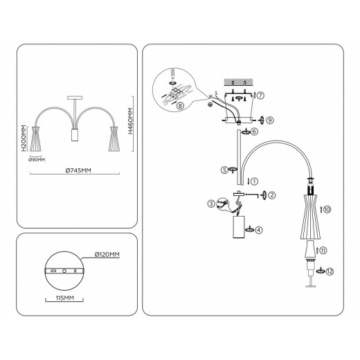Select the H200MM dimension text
click(24, 138)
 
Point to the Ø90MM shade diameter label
click(38, 160)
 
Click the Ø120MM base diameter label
click(108, 255)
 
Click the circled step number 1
click(255, 182)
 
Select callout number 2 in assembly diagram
click(272, 197)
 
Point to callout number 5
click(224, 169)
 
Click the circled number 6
click(255, 131)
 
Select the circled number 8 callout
click(181, 107)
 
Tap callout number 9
click(270, 119)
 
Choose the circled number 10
click(327, 208)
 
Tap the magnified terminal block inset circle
click(179, 87)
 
